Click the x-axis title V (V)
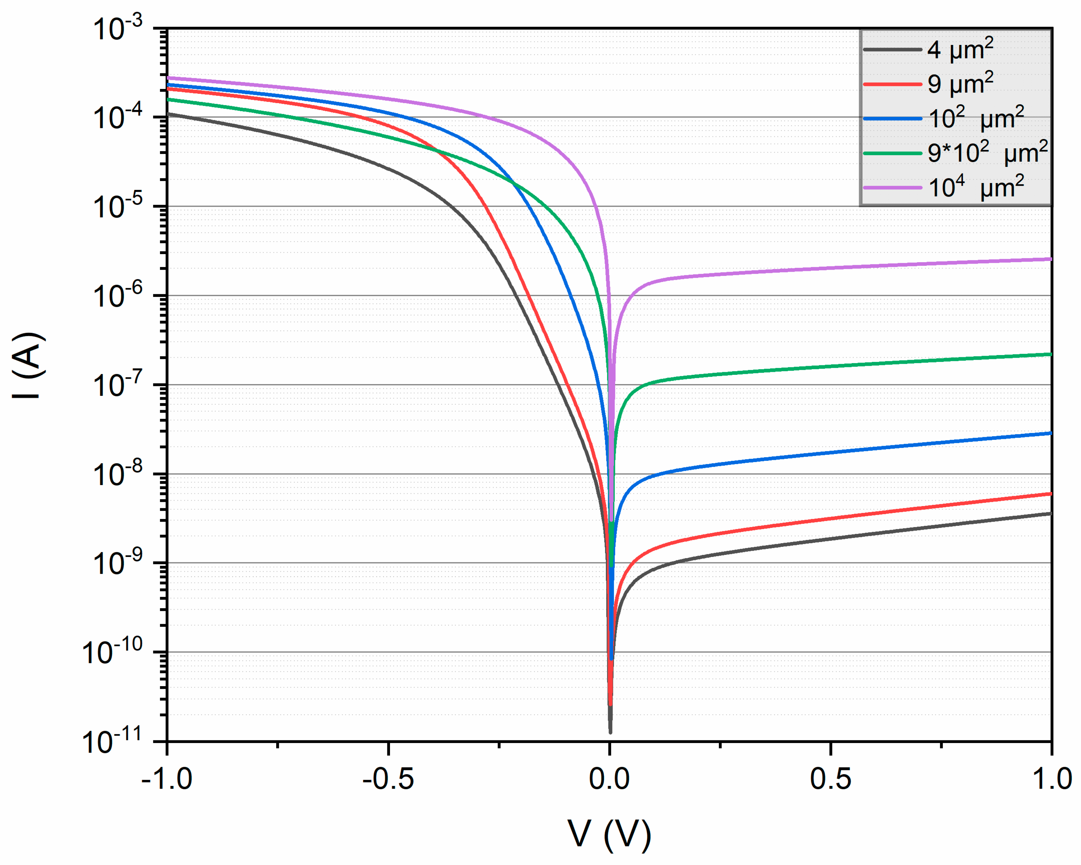point(609,834)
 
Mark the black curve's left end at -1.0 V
point(168,114)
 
